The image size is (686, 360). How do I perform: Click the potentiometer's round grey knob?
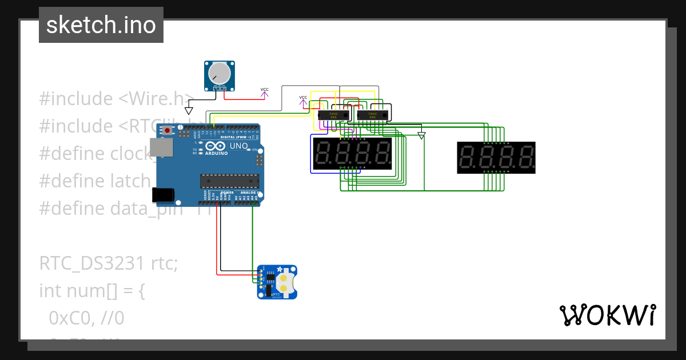(220, 73)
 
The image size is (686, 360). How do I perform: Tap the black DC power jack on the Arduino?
(163, 194)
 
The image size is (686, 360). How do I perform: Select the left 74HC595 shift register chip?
(329, 115)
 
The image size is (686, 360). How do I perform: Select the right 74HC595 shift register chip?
(372, 115)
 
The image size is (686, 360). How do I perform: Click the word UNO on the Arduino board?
(239, 146)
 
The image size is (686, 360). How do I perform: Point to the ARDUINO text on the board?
(216, 153)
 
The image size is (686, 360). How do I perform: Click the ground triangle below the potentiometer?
(189, 110)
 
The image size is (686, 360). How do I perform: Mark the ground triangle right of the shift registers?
(421, 136)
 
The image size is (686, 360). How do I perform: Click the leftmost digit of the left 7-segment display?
(322, 153)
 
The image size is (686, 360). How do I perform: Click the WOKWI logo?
(607, 315)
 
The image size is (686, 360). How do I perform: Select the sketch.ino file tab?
(101, 25)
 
